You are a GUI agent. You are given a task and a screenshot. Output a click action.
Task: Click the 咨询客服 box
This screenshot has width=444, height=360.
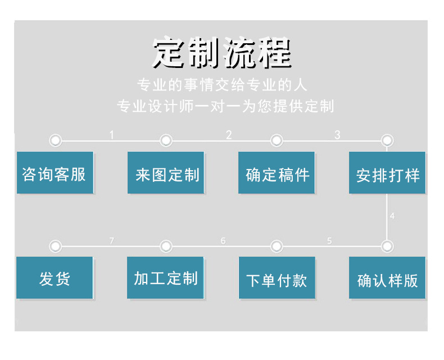55,173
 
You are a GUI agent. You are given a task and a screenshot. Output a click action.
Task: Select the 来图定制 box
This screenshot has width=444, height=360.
166,173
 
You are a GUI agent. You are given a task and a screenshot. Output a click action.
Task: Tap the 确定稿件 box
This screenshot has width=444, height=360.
277,173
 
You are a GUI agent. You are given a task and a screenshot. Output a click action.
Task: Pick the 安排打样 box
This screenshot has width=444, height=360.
387,173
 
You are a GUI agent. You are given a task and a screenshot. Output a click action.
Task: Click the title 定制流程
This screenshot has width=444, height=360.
223,53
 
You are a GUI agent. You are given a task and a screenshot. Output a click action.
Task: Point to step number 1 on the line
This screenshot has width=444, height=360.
111,135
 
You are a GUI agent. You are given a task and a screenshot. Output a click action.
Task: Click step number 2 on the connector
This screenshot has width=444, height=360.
229,135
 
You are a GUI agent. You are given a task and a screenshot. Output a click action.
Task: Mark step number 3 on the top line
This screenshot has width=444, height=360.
337,135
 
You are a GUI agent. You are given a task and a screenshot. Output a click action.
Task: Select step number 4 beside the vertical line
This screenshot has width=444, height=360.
392,216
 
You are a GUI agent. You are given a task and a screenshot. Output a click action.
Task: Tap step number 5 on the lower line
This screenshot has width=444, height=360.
329,241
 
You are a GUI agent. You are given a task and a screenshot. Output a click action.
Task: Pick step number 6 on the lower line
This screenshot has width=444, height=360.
223,241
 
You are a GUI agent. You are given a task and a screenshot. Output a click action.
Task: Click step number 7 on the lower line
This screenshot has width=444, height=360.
111,241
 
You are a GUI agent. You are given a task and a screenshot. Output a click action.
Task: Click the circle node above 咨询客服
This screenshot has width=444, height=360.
55,140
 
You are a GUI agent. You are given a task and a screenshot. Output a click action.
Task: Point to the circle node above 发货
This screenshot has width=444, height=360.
55,246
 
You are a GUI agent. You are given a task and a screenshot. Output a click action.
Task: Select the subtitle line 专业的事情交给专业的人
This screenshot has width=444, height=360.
223,85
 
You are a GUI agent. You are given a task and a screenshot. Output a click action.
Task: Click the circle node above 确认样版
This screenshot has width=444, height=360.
387,246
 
